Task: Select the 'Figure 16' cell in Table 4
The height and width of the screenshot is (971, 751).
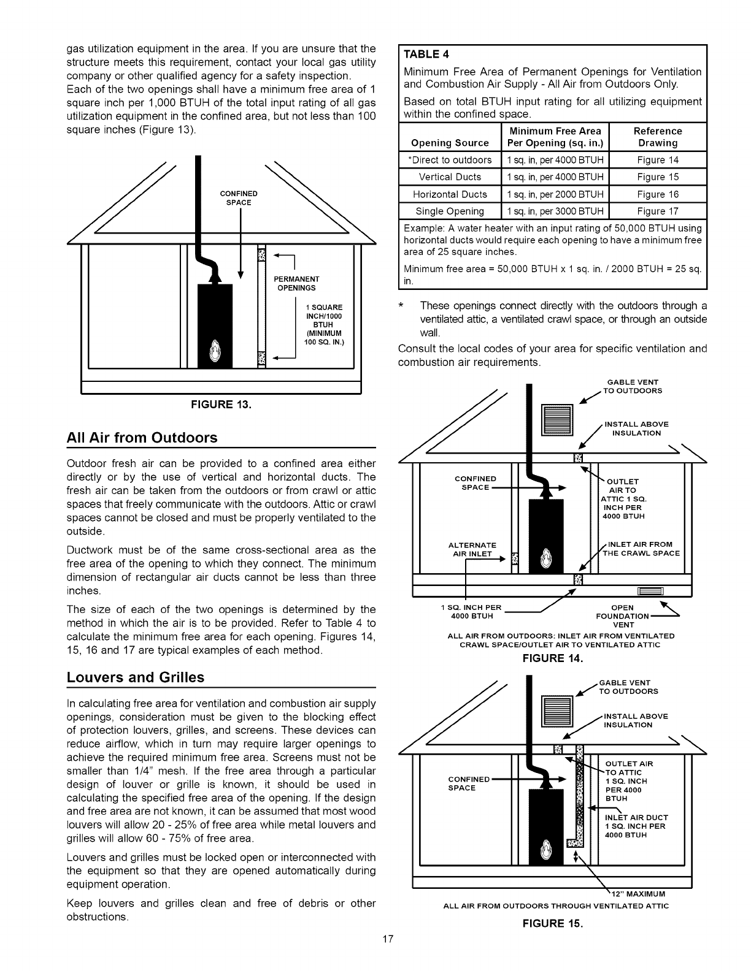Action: (658, 194)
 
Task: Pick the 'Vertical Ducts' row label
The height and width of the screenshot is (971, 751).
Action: (450, 177)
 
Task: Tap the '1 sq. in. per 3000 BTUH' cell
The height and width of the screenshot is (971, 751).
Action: (555, 211)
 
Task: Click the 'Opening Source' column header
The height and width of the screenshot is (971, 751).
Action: (450, 143)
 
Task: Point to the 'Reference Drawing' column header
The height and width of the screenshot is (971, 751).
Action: (658, 137)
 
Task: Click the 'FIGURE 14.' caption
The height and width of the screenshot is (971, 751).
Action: (550, 658)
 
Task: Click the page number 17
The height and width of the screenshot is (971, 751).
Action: (387, 939)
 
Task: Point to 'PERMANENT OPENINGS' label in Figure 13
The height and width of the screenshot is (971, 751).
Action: (296, 283)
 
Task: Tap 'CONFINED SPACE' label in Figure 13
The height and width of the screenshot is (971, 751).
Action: (239, 198)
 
